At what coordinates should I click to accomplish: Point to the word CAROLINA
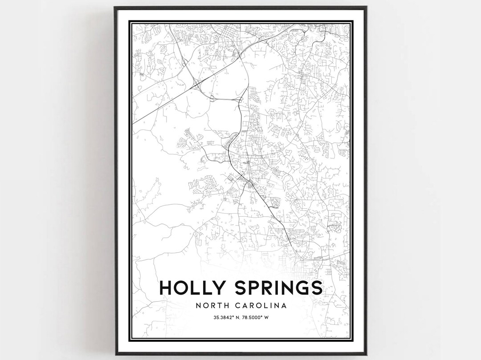tap(263, 306)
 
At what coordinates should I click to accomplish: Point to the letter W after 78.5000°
tap(268, 317)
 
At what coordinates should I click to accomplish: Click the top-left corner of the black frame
tap(115, 7)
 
